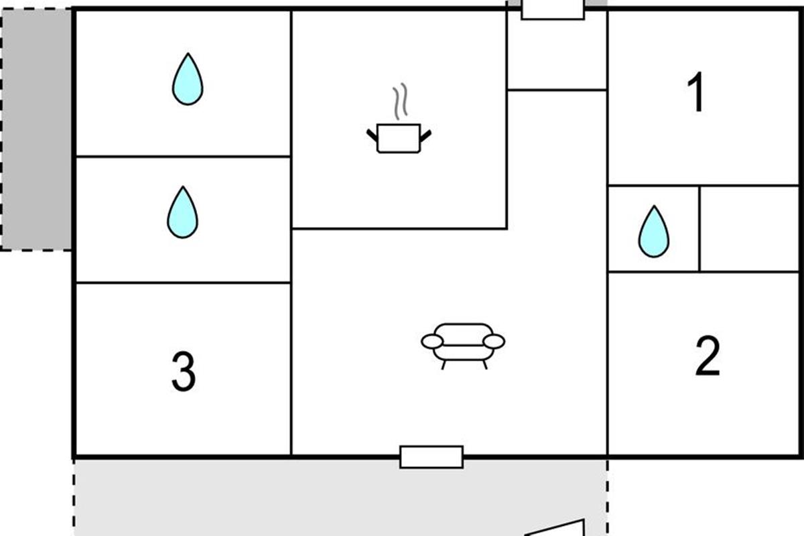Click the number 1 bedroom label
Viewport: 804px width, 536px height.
697,93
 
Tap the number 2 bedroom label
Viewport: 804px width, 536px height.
707,356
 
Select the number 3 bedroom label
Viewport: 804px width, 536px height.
183,372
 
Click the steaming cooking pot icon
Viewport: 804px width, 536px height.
399,137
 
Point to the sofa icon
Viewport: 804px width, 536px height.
463,344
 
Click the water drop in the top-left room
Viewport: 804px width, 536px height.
187,80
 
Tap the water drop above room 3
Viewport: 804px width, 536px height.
182,213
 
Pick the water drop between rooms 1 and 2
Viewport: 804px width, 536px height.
653,232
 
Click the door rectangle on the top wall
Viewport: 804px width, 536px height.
553,9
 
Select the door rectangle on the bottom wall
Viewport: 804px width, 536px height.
431,457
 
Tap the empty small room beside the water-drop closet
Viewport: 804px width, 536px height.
749,228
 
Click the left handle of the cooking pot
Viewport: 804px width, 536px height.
372,135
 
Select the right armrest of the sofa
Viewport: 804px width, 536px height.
494,342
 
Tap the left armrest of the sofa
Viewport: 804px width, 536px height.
432,342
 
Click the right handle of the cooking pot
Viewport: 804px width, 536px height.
425,135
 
